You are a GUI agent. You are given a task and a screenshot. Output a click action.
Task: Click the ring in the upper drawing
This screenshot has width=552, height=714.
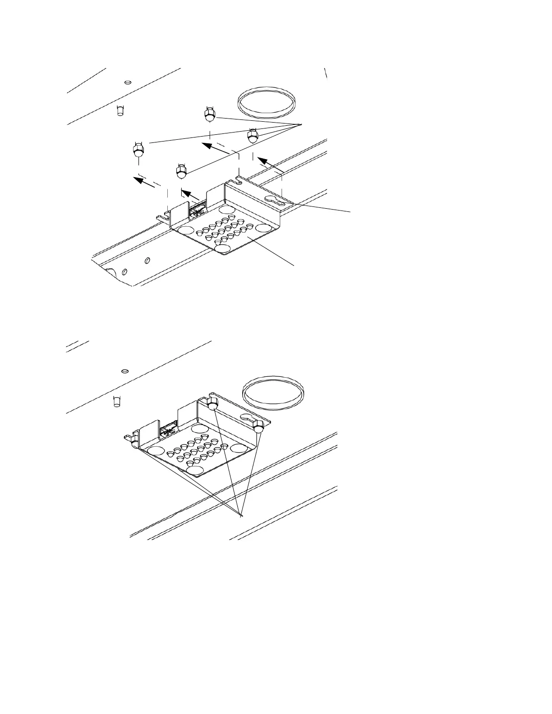point(266,103)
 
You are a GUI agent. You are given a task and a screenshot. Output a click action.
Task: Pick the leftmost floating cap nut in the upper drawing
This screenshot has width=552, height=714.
point(138,150)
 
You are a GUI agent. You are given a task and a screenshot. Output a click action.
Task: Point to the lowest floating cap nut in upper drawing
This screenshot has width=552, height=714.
point(181,171)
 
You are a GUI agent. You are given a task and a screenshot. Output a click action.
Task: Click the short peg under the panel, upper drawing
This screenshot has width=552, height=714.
point(120,110)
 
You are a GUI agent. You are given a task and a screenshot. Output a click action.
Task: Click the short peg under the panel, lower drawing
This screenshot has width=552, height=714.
point(116,401)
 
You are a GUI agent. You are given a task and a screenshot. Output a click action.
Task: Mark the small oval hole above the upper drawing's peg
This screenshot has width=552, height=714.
point(128,82)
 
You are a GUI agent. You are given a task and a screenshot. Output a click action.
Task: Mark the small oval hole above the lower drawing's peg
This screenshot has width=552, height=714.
point(125,371)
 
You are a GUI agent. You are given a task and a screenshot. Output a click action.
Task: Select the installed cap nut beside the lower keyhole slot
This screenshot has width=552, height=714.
point(258,426)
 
